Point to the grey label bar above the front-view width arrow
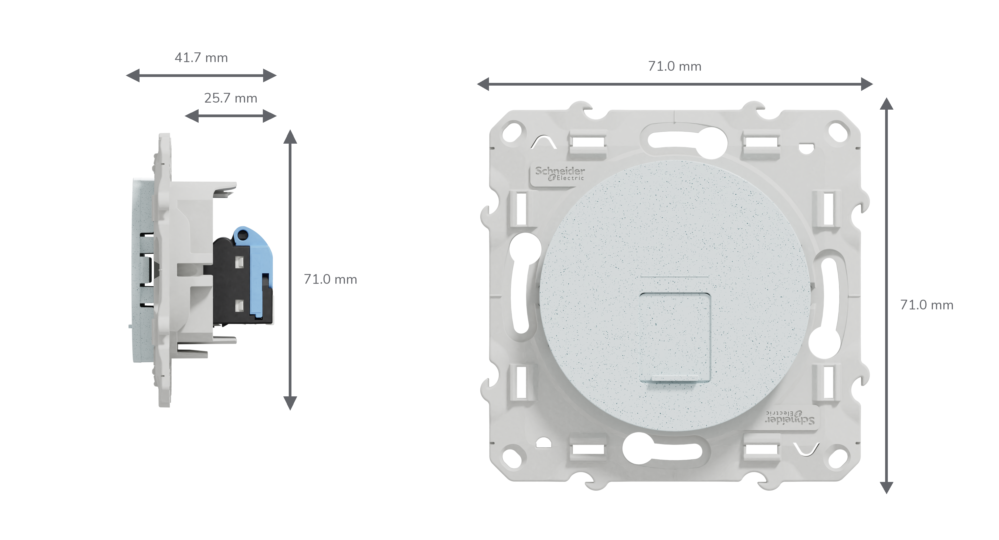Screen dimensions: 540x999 click(675, 66)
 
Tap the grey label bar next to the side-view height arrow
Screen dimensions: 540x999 click(330, 279)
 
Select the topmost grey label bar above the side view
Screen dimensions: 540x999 click(201, 57)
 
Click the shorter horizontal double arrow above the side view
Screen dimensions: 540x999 click(231, 116)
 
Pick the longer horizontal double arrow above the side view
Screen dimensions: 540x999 click(201, 75)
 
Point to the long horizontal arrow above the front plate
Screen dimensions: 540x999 click(675, 84)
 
